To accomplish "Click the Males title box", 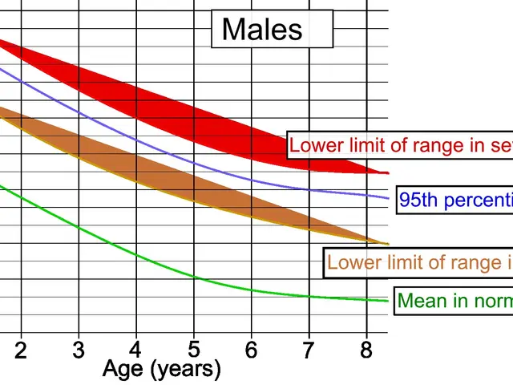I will click(262, 30).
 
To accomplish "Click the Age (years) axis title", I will click(162, 369).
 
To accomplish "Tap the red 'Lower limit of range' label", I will click(400, 146).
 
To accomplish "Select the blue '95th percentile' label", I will click(454, 200).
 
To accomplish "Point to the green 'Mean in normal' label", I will click(454, 301).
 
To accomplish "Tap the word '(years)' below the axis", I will click(186, 369).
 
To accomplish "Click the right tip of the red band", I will click(387, 172).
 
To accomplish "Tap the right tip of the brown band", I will click(387, 244).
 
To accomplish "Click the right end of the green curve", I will click(388, 301).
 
